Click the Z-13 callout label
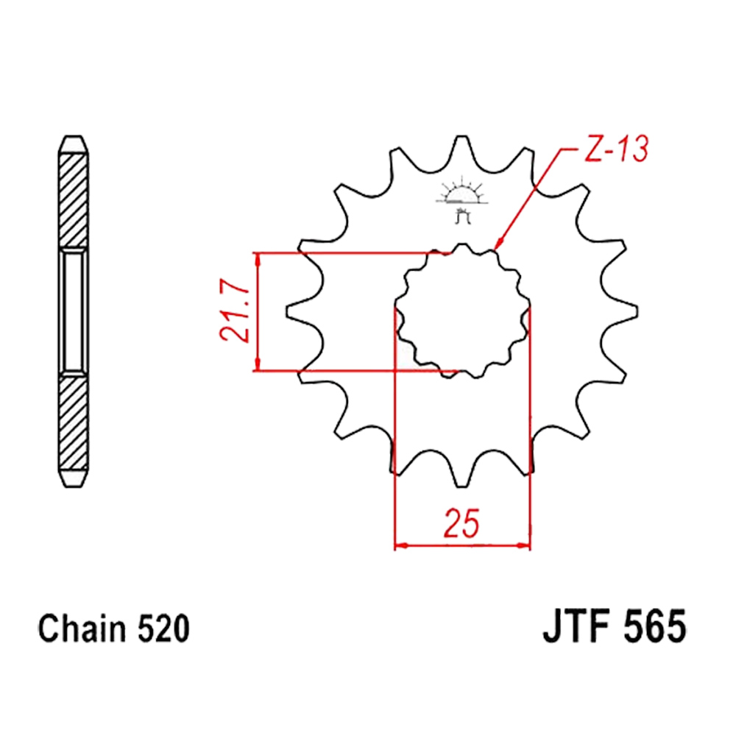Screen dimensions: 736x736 point(616,149)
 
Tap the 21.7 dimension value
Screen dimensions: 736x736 point(234,311)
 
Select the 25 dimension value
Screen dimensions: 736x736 point(462,523)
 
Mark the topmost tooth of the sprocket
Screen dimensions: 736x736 point(462,146)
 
